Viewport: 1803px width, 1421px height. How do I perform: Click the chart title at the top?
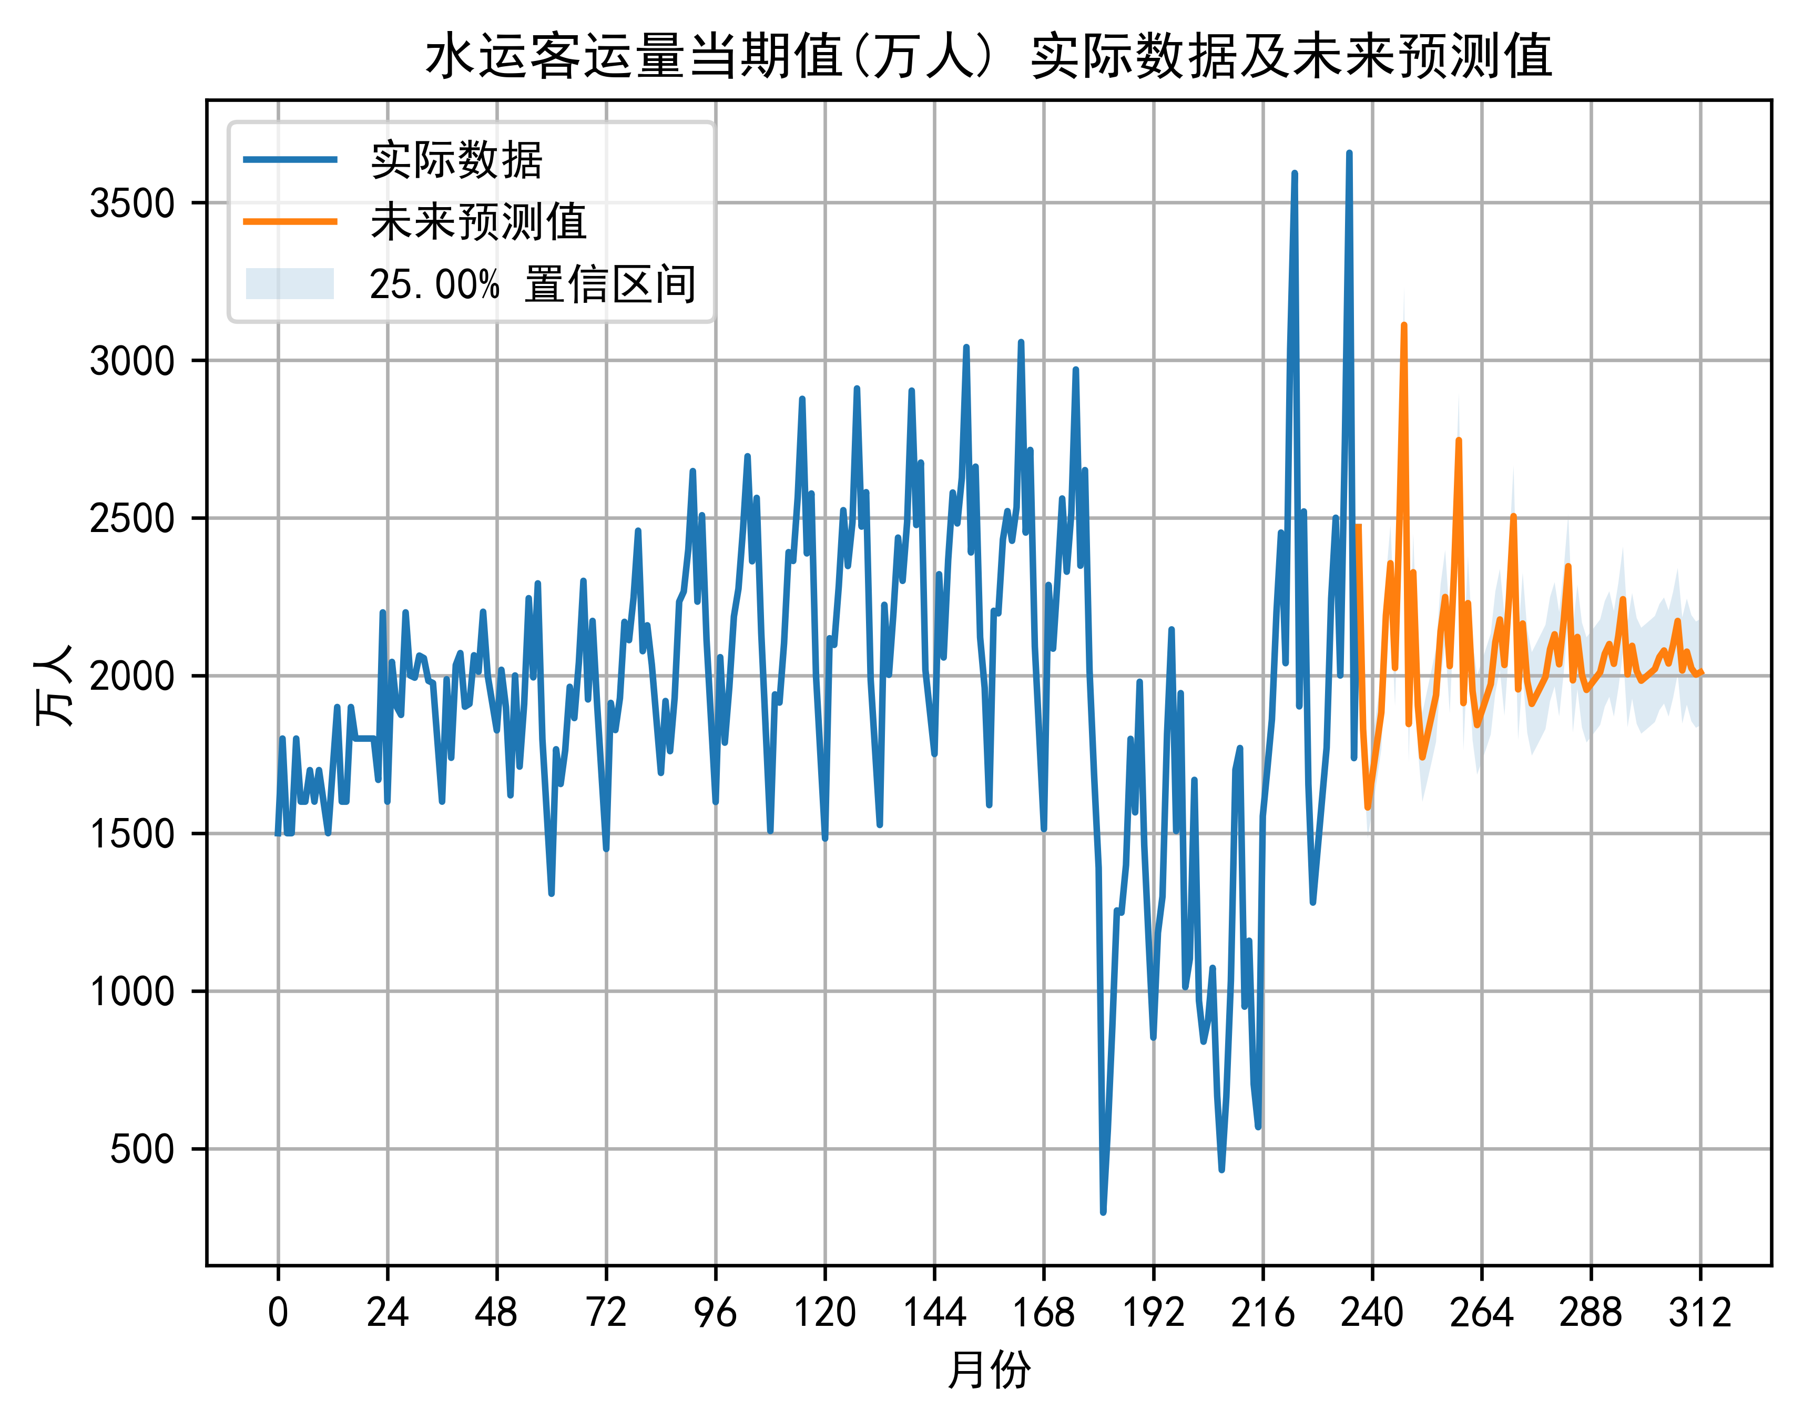point(989,57)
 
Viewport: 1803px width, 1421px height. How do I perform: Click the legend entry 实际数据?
point(456,160)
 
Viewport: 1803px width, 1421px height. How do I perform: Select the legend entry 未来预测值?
point(478,222)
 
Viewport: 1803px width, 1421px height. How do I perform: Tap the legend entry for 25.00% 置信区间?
point(533,284)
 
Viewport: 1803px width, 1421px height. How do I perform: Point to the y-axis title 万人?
point(54,684)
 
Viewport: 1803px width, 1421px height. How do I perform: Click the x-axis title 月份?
point(989,1369)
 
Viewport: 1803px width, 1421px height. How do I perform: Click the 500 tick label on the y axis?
point(142,1150)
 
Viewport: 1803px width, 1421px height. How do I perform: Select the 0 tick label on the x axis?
point(278,1313)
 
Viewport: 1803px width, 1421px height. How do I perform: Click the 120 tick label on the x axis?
point(824,1313)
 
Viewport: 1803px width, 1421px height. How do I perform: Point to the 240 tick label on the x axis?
point(1372,1313)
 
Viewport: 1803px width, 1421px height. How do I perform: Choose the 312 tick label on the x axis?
point(1700,1313)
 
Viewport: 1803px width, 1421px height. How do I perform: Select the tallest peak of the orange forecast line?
point(1403,325)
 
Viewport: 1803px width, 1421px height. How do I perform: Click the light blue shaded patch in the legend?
point(290,284)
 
